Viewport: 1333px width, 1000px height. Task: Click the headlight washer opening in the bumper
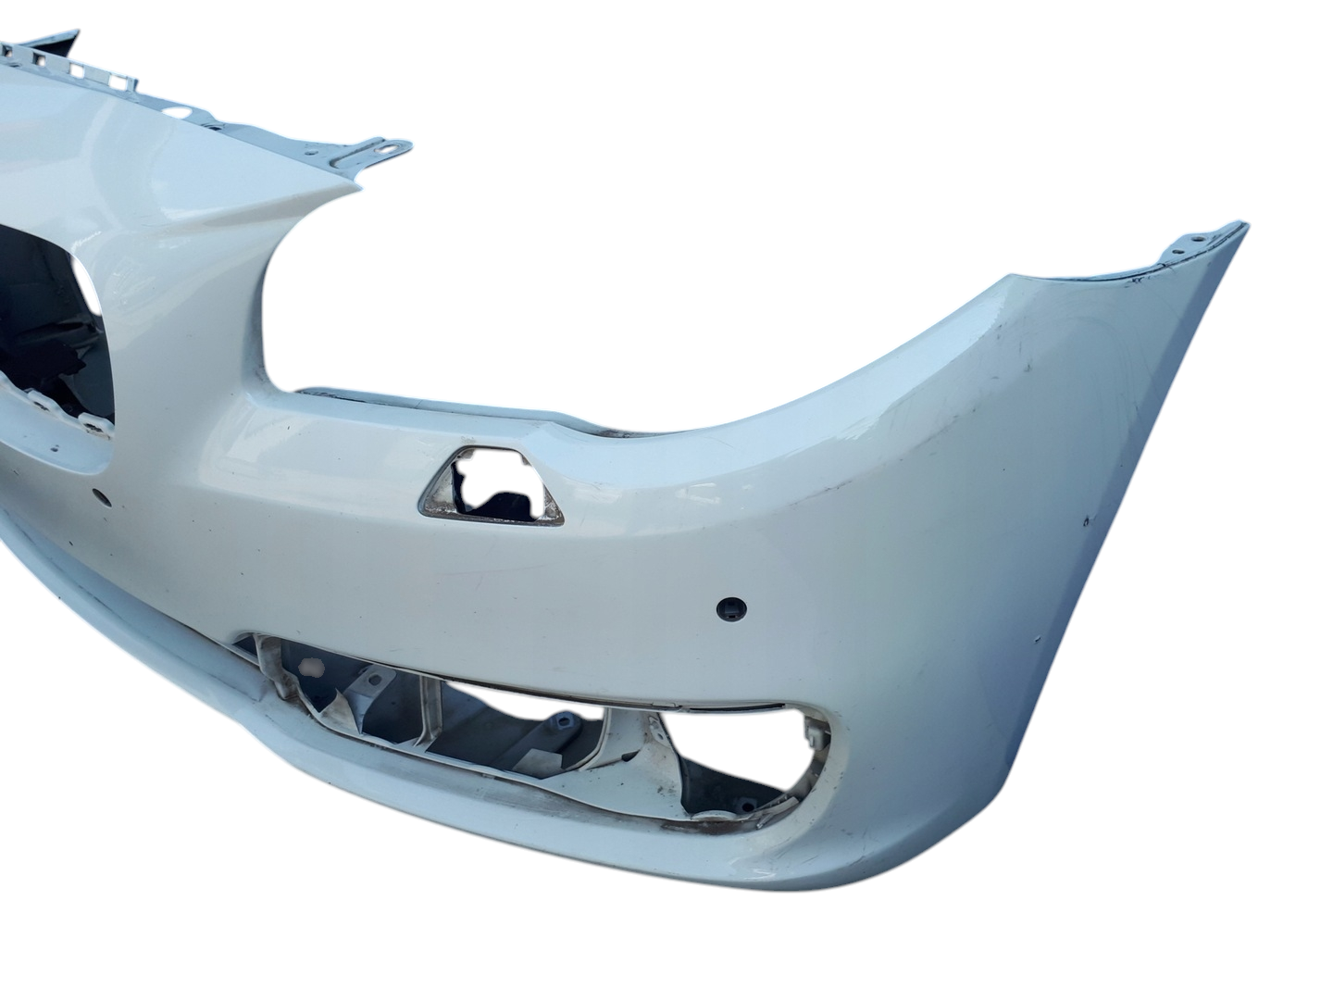pyautogui.click(x=491, y=487)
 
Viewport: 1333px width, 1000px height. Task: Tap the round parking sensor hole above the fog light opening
pyautogui.click(x=728, y=607)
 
